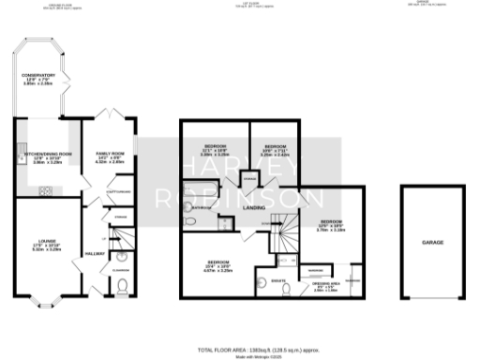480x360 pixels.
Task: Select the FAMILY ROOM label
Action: point(110,158)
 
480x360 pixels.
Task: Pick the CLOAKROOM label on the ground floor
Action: point(119,271)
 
